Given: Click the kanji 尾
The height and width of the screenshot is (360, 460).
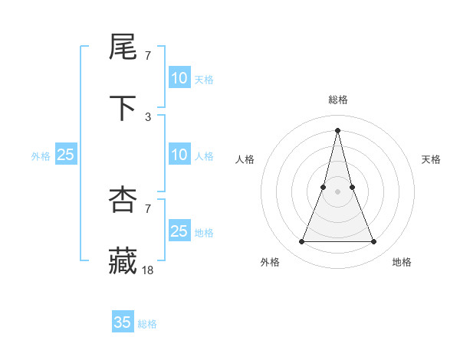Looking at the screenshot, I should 123,48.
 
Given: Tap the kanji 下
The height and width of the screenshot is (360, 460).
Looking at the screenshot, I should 123,109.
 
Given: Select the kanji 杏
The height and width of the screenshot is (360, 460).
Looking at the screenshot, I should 123,200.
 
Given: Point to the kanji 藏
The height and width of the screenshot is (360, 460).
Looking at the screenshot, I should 123,260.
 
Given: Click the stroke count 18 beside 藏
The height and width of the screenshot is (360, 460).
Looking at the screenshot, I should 148,270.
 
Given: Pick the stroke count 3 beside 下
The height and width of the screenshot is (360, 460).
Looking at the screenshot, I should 148,117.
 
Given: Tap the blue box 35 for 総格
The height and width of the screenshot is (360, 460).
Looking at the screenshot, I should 123,322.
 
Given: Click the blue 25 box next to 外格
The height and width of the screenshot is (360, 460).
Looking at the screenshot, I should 66,155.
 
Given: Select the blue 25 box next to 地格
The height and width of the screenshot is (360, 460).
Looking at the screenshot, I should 179,231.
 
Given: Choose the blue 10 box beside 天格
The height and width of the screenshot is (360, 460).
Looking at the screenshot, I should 179,78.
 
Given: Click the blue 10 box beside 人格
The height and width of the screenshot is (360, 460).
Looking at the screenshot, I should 179,155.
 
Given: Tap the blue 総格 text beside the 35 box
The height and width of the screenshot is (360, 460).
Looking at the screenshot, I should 147,324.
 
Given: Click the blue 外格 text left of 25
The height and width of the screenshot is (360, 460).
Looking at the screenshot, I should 41,156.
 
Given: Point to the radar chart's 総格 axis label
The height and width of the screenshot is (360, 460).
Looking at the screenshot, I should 338,100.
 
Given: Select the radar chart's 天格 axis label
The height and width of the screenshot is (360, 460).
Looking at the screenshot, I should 432,159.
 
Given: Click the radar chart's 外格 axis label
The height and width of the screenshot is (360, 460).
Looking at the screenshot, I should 271,262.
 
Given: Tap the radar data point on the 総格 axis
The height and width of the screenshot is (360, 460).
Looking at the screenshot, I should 338,129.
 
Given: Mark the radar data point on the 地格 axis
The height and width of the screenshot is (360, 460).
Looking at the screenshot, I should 374,242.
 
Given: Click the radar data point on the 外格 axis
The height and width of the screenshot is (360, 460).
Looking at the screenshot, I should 302,242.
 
